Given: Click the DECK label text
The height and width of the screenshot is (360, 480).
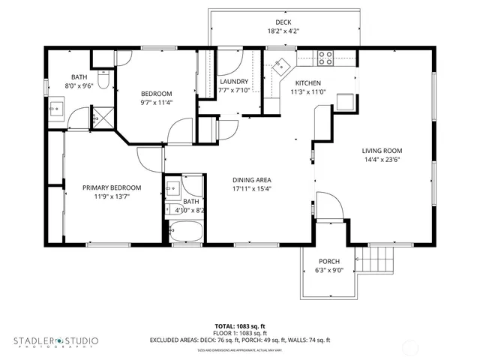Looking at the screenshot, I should click(283, 22).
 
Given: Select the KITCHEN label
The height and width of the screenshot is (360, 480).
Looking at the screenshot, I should click(307, 83).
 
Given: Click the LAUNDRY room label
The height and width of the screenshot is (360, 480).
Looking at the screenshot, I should click(234, 82).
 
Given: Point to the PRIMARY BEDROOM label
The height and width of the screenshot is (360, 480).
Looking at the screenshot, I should click(112, 187).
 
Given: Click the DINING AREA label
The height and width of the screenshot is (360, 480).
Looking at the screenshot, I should click(251, 180).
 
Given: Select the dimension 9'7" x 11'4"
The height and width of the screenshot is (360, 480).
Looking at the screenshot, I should click(156, 103).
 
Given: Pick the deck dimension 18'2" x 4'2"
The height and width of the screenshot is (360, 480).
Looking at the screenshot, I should click(283, 31).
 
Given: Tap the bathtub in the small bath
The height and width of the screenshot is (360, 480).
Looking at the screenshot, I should click(185, 232).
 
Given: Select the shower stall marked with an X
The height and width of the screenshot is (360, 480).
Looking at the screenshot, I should click(99, 116).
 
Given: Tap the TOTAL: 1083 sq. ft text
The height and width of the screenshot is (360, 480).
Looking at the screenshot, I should click(240, 326).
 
